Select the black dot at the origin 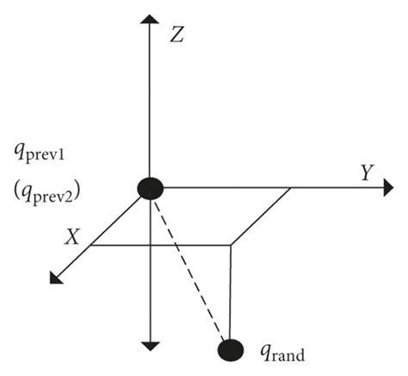pyautogui.click(x=151, y=187)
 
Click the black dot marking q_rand pyautogui.click(x=230, y=349)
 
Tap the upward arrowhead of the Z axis pyautogui.click(x=151, y=18)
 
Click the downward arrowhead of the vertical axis pyautogui.click(x=151, y=345)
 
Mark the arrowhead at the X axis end pyautogui.click(x=57, y=277)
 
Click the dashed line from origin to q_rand pyautogui.click(x=190, y=267)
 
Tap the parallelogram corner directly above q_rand pyautogui.click(x=231, y=245)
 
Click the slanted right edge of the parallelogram pyautogui.click(x=260, y=216)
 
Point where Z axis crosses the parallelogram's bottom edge pyautogui.click(x=151, y=245)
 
